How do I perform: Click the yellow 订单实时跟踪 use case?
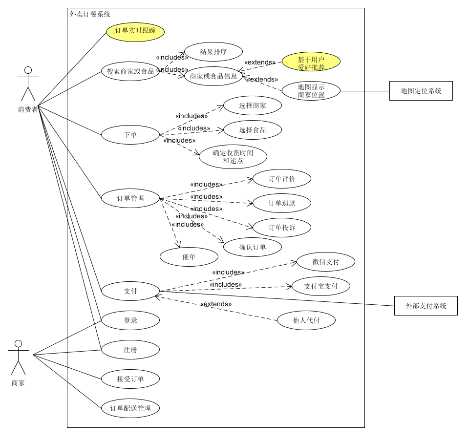pyautogui.click(x=135, y=32)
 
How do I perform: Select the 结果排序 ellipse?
pyautogui.click(x=213, y=52)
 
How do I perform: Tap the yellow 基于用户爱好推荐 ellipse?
pyautogui.click(x=311, y=63)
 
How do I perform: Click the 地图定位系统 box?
pyautogui.click(x=421, y=91)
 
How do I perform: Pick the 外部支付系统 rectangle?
pyautogui.click(x=425, y=306)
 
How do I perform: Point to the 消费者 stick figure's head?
pyautogui.click(x=28, y=70)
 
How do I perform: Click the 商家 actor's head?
pyautogui.click(x=18, y=344)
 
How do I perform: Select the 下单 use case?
pyautogui.click(x=130, y=135)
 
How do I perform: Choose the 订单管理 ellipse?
pyautogui.click(x=130, y=198)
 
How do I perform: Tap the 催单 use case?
pyautogui.click(x=189, y=257)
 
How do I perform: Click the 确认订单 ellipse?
pyautogui.click(x=253, y=247)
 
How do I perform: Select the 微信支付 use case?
pyautogui.click(x=326, y=262)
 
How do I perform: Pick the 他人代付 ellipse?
pyautogui.click(x=306, y=320)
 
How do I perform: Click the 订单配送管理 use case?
pyautogui.click(x=130, y=408)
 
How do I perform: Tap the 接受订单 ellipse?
pyautogui.click(x=130, y=379)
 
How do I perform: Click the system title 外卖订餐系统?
pyautogui.click(x=90, y=15)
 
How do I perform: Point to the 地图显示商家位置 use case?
pyautogui.click(x=311, y=91)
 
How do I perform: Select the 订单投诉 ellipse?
pyautogui.click(x=282, y=228)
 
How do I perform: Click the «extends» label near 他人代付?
pyautogui.click(x=215, y=304)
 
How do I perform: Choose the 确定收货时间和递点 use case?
pyautogui.click(x=233, y=157)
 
